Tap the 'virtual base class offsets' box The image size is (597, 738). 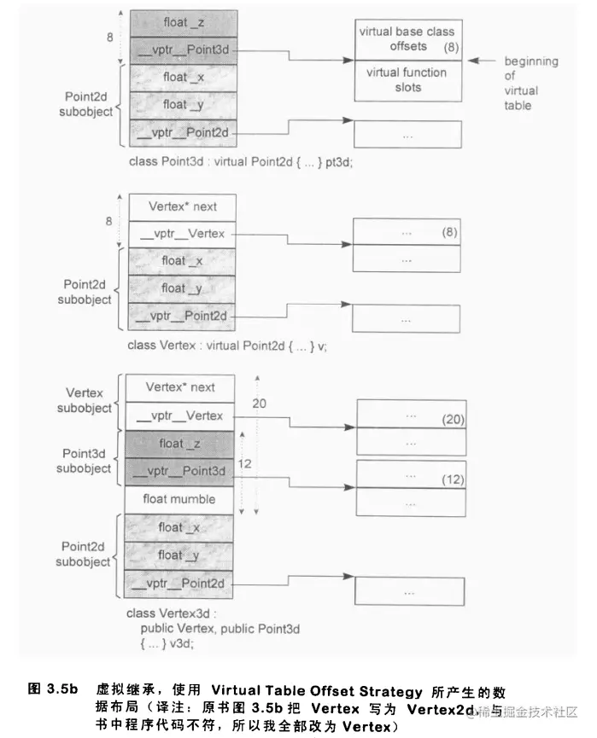[407, 39]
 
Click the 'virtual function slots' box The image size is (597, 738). [407, 80]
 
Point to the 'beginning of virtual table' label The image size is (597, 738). [530, 84]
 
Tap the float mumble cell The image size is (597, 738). [180, 499]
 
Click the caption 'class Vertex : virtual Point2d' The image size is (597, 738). [226, 345]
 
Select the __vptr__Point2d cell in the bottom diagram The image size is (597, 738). [180, 583]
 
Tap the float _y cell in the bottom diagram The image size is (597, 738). [180, 555]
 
